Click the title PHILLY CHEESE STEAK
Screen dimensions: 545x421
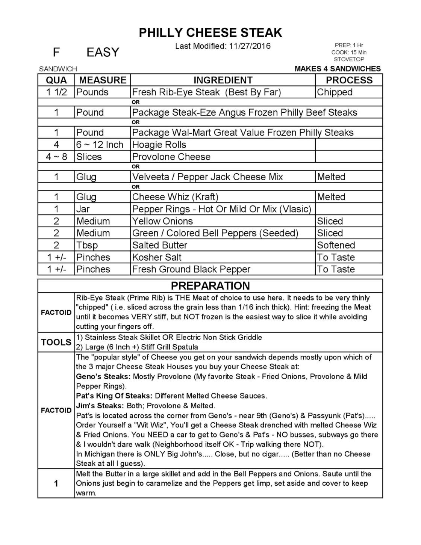point(210,33)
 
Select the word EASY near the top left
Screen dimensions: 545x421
point(103,52)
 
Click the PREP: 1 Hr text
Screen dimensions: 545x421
point(349,45)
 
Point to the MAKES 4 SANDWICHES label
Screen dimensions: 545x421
point(338,69)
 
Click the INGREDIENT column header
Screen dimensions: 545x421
point(223,80)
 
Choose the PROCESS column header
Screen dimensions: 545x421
point(349,80)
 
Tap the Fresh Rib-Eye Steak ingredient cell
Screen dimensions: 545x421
point(206,92)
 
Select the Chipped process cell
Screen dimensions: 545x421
point(335,92)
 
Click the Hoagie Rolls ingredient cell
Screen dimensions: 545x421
point(159,145)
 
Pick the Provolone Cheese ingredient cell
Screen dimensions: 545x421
point(171,157)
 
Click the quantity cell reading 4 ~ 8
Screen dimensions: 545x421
point(56,157)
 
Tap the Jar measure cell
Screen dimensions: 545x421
point(83,209)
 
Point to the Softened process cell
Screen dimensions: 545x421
point(336,245)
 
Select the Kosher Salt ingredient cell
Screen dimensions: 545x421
point(157,257)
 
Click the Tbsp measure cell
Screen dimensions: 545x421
point(87,245)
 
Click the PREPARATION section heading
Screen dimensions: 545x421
point(210,285)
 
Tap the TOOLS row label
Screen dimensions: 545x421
point(56,342)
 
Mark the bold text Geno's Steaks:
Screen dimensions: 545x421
point(103,376)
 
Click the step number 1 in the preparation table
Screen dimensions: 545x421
point(56,483)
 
